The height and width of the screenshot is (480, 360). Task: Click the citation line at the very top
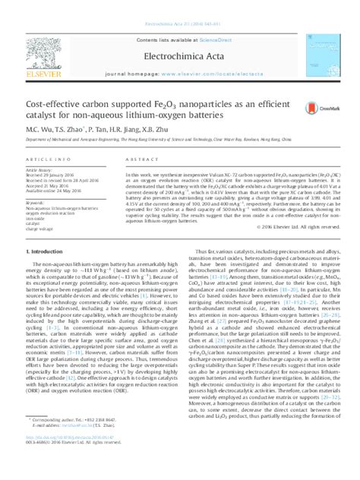(179, 4)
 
